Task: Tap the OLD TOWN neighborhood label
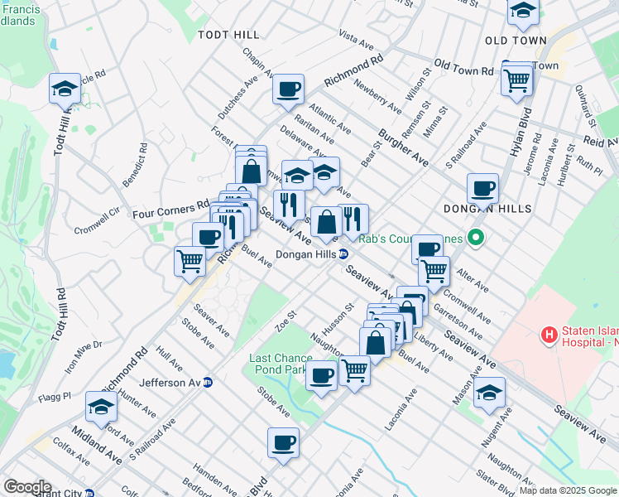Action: click(516, 41)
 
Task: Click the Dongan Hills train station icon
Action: click(343, 254)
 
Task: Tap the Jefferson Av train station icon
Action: click(208, 383)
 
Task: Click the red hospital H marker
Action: click(547, 335)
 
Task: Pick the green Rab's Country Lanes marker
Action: click(474, 240)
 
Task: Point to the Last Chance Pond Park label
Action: click(281, 364)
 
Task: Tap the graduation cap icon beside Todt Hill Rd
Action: click(63, 89)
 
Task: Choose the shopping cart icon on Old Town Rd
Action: click(516, 80)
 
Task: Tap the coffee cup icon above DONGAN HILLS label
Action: click(482, 188)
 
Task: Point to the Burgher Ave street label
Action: click(403, 147)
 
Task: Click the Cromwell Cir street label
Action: click(98, 220)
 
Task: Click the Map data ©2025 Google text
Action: click(567, 490)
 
